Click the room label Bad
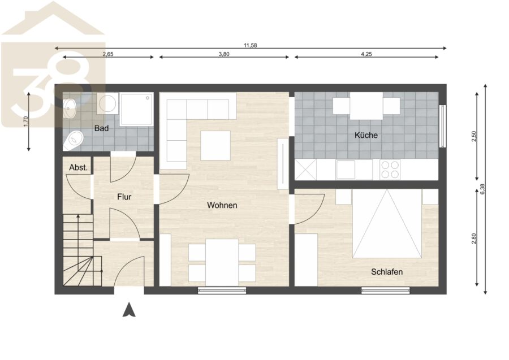(101, 128)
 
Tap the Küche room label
(366, 135)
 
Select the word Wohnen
(222, 205)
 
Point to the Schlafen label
(387, 272)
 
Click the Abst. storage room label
(79, 168)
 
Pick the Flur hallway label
(124, 197)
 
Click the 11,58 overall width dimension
(251, 45)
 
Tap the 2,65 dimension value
(108, 54)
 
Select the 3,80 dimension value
(224, 54)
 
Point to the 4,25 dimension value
(366, 54)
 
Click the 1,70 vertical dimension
(26, 122)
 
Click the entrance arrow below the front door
(129, 309)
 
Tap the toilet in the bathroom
(74, 140)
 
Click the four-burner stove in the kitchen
(390, 170)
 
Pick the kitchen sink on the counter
(346, 170)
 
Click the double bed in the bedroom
(387, 223)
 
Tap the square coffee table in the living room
(215, 146)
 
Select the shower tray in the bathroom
(136, 109)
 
